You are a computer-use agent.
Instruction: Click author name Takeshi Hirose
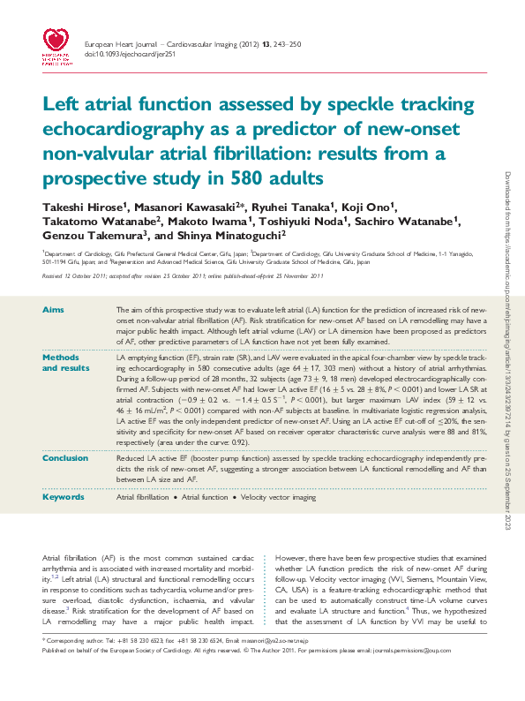85,206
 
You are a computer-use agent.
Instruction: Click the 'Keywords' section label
63,498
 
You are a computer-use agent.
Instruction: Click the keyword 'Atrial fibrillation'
143,498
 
